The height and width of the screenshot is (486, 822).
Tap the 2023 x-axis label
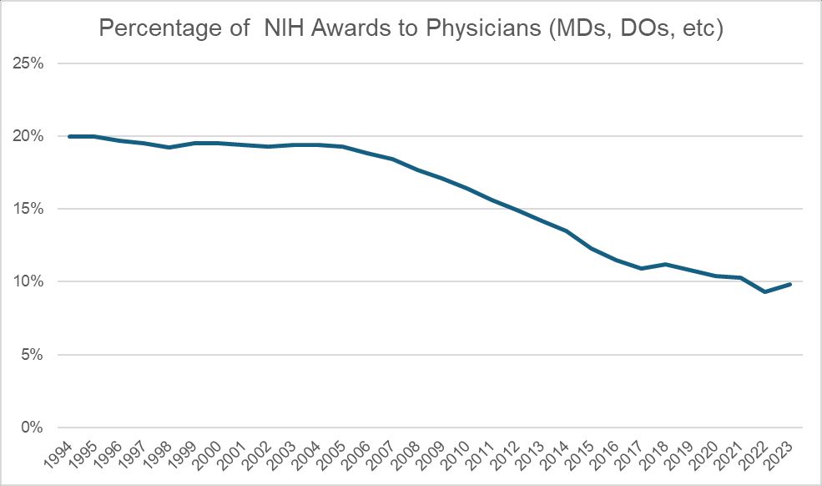click(x=783, y=454)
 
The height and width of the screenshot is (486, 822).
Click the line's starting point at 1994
click(x=70, y=136)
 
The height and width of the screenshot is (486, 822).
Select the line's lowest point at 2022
click(x=765, y=291)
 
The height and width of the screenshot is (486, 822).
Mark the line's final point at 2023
click(x=789, y=284)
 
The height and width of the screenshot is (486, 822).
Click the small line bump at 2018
click(x=666, y=264)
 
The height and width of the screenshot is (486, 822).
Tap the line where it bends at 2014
click(x=567, y=230)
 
